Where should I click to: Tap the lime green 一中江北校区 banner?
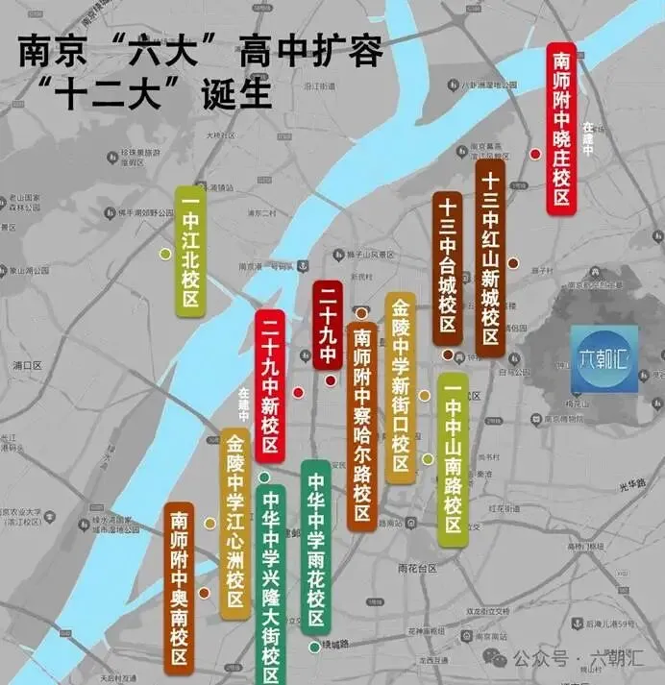tap(190, 252)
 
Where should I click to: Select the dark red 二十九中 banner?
tap(328, 326)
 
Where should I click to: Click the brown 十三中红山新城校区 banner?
tap(490, 257)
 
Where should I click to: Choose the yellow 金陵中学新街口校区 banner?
tap(401, 387)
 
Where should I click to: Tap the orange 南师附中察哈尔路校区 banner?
tap(361, 428)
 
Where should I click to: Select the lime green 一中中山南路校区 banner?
tap(453, 459)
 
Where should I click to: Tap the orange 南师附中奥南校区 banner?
tap(179, 586)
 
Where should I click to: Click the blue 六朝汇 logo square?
tap(603, 358)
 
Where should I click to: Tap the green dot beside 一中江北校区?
tap(164, 254)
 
